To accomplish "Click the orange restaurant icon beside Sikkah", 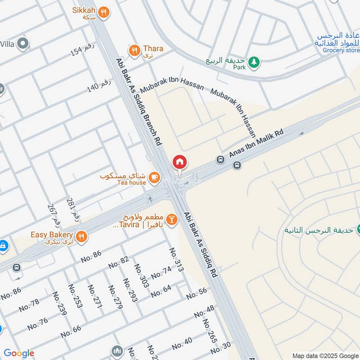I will click(104, 13).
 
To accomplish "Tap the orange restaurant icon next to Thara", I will click(134, 51).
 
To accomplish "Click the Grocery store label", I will click(341, 50).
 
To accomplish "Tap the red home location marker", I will click(180, 162).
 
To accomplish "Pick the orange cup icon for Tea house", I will click(154, 178).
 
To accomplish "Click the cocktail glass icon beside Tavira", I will click(171, 220).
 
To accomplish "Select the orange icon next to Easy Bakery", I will click(81, 237).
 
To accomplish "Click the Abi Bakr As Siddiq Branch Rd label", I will click(138, 101).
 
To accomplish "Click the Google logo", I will click(18, 353).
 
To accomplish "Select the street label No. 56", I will click(197, 293).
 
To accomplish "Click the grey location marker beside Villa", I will click(23, 44).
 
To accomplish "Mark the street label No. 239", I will click(59, 304).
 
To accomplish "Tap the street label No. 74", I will click(161, 273).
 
